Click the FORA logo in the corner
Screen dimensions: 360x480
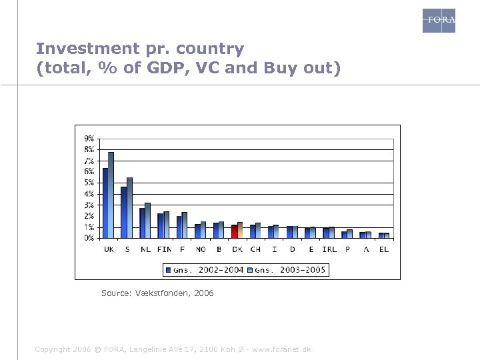[x=439, y=21]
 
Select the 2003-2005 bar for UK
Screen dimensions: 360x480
[x=111, y=195]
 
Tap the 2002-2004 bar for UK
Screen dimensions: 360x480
[x=105, y=203]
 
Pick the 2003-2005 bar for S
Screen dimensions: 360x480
[x=129, y=207]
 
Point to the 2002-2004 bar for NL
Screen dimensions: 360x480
[x=142, y=223]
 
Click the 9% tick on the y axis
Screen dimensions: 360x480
[x=89, y=139]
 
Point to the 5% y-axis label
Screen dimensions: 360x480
[x=89, y=183]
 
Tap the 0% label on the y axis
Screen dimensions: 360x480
[x=89, y=238]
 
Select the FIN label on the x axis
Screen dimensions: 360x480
[x=164, y=249]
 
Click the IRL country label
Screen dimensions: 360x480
[x=329, y=249]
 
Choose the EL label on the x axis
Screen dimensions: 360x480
[x=384, y=249]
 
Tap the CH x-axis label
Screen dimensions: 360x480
[x=255, y=249]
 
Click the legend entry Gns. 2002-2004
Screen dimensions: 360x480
[x=204, y=270]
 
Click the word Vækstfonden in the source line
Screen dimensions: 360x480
[x=163, y=293]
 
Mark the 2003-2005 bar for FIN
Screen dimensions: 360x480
[x=166, y=225]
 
